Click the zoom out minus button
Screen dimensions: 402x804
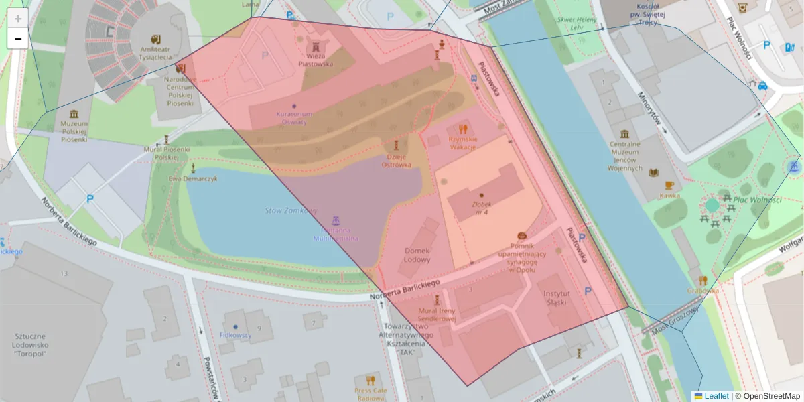(18, 39)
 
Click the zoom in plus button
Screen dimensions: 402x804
(18, 19)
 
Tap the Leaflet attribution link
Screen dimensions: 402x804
(716, 396)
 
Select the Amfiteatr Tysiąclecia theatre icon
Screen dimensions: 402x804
(156, 38)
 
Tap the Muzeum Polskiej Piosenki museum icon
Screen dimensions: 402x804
(74, 113)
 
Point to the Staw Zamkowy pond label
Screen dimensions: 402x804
(291, 210)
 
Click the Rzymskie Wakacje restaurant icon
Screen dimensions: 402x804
(462, 128)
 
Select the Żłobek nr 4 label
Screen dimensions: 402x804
(481, 208)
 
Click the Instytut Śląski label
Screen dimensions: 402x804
(556, 298)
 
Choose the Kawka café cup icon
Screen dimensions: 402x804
(669, 186)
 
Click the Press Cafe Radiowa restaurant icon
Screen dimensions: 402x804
(371, 380)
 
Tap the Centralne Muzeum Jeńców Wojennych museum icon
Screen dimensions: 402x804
(624, 134)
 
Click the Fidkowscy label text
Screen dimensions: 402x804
(235, 334)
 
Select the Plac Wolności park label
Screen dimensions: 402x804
(757, 200)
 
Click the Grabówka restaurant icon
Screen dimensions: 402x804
(702, 281)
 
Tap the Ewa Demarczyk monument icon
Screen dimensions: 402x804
(194, 167)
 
